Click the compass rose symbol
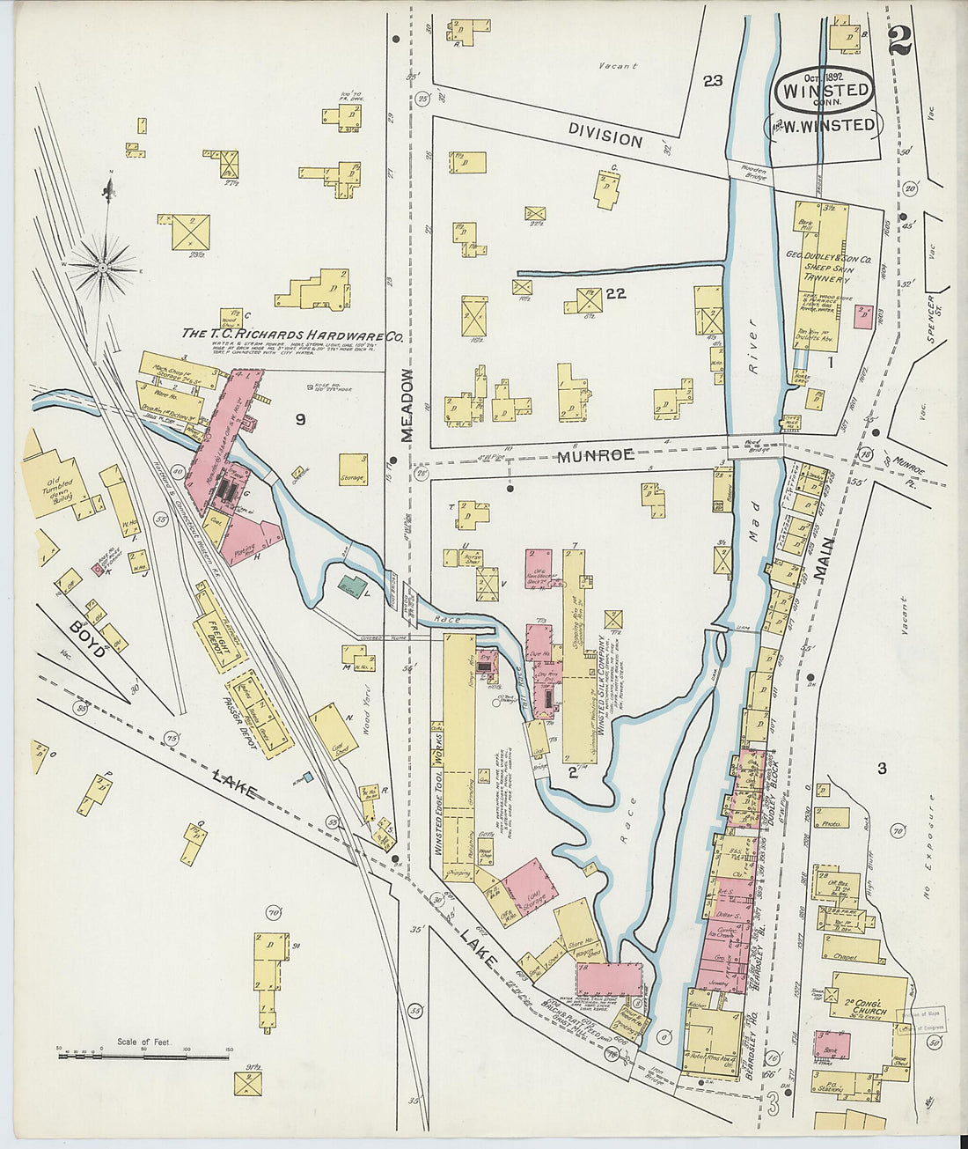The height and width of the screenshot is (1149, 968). click(103, 264)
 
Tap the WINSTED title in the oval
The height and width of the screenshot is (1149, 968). click(825, 90)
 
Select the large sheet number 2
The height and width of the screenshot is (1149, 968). click(899, 41)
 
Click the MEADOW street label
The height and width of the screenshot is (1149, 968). click(407, 406)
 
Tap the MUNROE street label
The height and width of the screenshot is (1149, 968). click(595, 455)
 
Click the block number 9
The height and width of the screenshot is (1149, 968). click(300, 420)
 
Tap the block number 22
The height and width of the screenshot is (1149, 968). click(615, 293)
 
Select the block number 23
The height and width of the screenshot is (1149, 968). click(712, 81)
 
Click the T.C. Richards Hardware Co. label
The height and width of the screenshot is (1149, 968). click(292, 335)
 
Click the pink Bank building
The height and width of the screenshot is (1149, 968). click(832, 1045)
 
